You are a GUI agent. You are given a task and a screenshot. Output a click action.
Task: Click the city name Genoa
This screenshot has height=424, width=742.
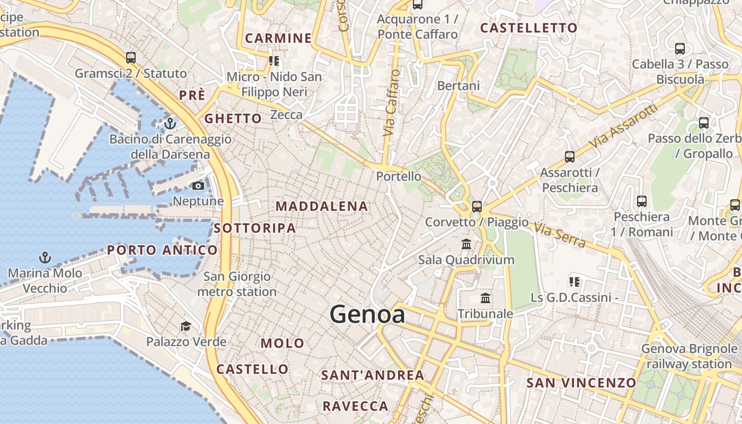(367, 314)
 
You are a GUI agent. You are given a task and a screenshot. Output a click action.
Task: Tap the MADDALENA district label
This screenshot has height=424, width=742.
(322, 206)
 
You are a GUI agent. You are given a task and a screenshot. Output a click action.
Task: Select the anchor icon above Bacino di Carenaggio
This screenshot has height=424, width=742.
(170, 123)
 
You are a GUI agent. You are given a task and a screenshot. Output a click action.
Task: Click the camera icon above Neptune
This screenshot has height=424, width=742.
(198, 185)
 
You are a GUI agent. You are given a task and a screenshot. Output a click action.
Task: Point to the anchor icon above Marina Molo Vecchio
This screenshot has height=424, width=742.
(45, 258)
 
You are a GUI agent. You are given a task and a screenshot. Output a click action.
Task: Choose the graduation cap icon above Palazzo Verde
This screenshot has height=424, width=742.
(185, 325)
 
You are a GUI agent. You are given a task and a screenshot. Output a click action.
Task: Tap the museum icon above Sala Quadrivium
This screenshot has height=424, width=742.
(466, 244)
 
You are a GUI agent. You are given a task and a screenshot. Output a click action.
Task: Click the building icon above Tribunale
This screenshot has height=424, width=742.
(485, 298)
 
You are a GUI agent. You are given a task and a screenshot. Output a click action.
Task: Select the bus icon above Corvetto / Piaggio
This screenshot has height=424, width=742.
(477, 206)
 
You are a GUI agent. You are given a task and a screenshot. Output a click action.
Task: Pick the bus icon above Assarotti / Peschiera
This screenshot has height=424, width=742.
(570, 157)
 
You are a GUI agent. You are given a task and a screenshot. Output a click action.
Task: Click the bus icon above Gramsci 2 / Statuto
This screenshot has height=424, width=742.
(131, 57)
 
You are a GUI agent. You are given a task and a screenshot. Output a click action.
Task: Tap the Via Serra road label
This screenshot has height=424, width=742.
(560, 235)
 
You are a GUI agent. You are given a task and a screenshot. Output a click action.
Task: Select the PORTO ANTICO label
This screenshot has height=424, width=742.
(162, 250)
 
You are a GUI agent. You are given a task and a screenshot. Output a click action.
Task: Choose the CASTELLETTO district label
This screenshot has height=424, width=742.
(528, 28)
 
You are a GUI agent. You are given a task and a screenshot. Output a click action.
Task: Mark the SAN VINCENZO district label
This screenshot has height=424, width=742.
(581, 383)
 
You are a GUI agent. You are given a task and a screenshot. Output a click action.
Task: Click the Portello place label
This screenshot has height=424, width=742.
(399, 176)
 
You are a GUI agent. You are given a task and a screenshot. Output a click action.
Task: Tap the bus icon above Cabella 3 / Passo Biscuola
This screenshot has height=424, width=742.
(680, 49)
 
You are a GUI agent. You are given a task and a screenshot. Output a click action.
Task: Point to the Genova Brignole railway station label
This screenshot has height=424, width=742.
(689, 356)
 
